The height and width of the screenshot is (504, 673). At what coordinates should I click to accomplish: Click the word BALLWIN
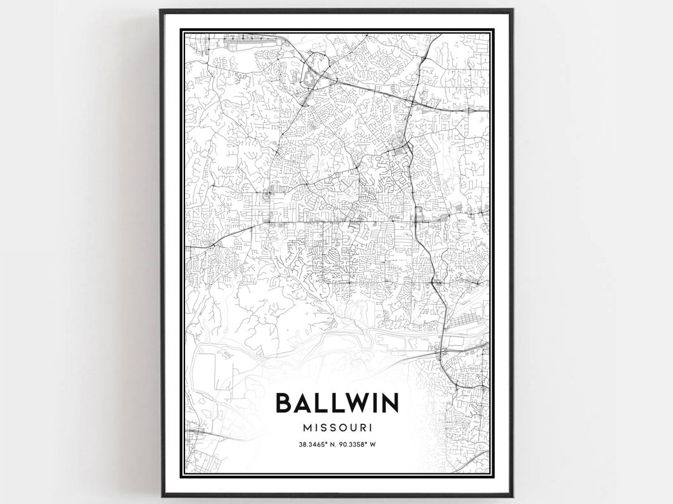[336, 403]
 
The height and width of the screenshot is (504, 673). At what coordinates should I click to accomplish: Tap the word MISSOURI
[336, 428]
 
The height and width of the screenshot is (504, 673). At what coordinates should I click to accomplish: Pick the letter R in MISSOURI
[360, 428]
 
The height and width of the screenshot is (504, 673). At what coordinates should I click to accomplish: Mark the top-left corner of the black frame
[161, 10]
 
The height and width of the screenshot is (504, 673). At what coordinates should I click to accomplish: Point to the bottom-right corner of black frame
[512, 496]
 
